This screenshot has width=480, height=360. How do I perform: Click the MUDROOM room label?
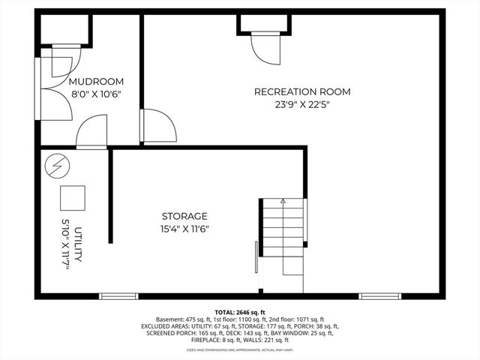96,81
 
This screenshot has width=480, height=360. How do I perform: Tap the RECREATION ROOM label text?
302,91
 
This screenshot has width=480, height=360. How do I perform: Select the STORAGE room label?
184,216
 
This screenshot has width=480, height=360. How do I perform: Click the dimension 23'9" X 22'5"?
302,104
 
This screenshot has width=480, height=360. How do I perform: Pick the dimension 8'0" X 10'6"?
96,94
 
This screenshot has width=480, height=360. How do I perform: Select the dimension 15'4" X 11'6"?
184,229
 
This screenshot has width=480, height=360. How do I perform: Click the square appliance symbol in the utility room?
73,196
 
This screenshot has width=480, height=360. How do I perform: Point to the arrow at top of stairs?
283,201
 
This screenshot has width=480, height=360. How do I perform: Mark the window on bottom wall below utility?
119,296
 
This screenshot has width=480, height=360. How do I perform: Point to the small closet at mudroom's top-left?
64,30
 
